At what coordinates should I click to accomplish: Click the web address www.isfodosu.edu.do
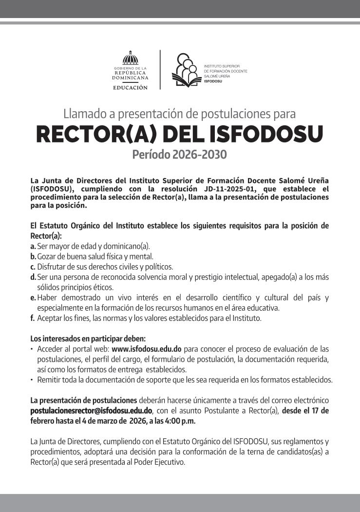[147, 349]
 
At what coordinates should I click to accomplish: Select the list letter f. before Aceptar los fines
[33, 318]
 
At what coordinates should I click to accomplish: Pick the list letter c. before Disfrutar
[33, 267]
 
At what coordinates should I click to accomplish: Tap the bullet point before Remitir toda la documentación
[32, 379]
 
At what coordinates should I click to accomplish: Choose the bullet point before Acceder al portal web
[32, 349]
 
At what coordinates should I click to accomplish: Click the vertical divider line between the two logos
[160, 69]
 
